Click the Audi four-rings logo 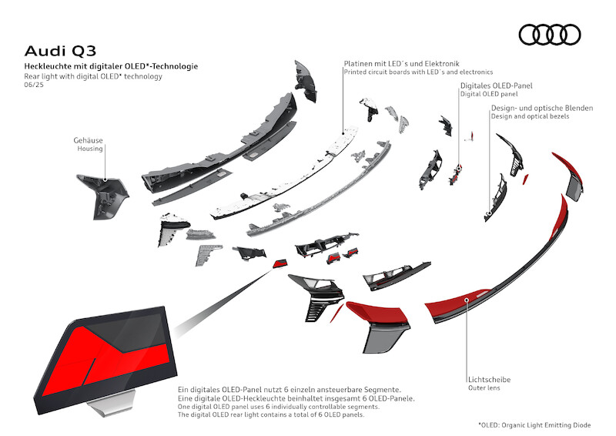pos(549,35)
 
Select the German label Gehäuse pos(89,140)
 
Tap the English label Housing pos(90,149)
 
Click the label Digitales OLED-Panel pos(496,85)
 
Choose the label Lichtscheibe pos(489,379)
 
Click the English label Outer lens pos(486,388)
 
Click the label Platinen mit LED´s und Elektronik pos(403,62)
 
